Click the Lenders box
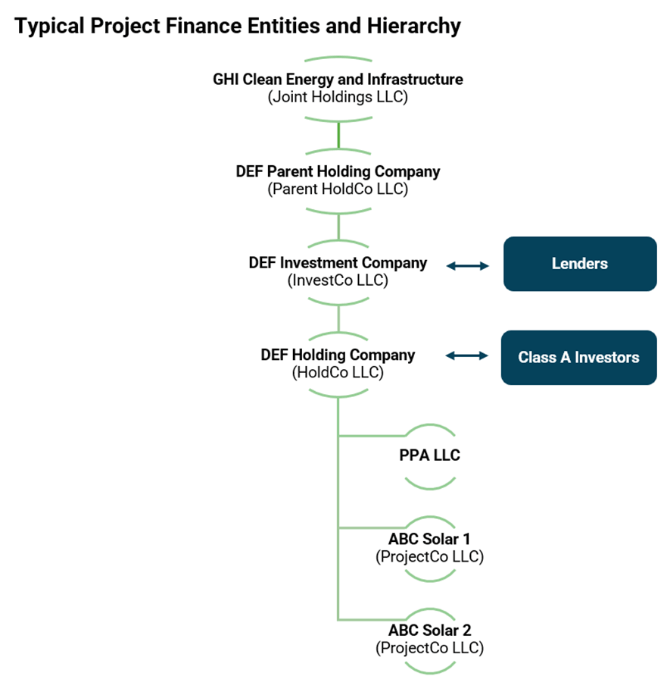click(x=580, y=264)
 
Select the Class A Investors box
click(x=578, y=358)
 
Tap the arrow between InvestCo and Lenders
click(x=467, y=265)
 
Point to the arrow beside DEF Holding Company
click(x=467, y=355)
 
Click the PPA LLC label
click(x=429, y=455)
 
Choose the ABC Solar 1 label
click(x=429, y=539)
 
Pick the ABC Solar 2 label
click(x=429, y=631)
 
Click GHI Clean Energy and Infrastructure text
click(x=338, y=79)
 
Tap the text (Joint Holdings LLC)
click(x=338, y=97)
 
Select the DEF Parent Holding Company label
click(x=338, y=171)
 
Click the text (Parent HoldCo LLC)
click(x=338, y=189)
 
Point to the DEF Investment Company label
click(x=338, y=263)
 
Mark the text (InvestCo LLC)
click(x=338, y=280)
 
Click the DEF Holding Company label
click(x=338, y=355)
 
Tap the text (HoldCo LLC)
click(x=338, y=373)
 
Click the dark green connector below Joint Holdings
click(x=338, y=134)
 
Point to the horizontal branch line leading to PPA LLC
click(x=371, y=436)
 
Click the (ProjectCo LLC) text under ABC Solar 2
click(x=429, y=648)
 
